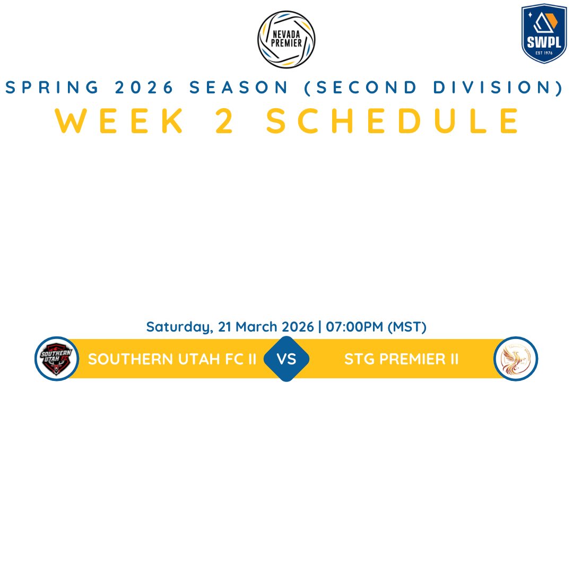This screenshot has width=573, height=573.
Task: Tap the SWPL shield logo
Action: click(544, 33)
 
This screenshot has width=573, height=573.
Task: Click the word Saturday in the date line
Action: click(179, 327)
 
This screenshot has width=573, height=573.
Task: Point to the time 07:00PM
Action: click(354, 327)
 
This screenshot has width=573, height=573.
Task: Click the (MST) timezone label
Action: click(407, 327)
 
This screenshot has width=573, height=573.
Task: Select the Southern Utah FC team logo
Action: click(57, 359)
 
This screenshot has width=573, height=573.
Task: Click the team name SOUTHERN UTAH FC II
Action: click(172, 359)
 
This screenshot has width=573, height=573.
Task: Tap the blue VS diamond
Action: click(286, 359)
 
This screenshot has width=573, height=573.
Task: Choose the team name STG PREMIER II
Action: click(401, 359)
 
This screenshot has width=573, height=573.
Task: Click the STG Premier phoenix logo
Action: click(516, 359)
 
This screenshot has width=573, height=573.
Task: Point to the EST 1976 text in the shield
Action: click(544, 53)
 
